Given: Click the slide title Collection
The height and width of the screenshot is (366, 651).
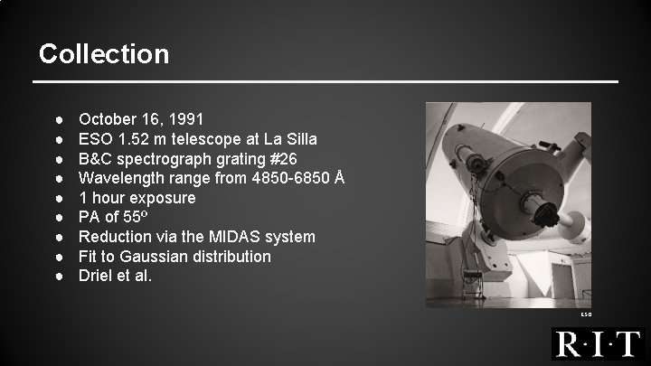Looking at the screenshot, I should point(104,54).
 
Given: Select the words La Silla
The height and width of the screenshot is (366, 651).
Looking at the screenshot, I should point(290,139).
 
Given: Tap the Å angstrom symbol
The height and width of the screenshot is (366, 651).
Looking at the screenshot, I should point(338,178).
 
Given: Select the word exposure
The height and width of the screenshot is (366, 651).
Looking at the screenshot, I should point(163,198).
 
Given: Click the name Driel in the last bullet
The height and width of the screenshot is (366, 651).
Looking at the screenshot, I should point(97,276).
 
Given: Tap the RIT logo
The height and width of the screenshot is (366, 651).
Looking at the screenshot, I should point(598,344).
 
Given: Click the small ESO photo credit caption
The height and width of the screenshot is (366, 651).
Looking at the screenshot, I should point(585,314).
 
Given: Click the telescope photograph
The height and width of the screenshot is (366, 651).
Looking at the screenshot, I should point(507,204).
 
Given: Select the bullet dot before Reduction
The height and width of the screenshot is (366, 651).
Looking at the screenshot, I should point(57,237).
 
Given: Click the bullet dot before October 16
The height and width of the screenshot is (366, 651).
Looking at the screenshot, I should point(57,119).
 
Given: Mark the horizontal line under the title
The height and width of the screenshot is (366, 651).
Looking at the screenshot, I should point(325,83).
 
